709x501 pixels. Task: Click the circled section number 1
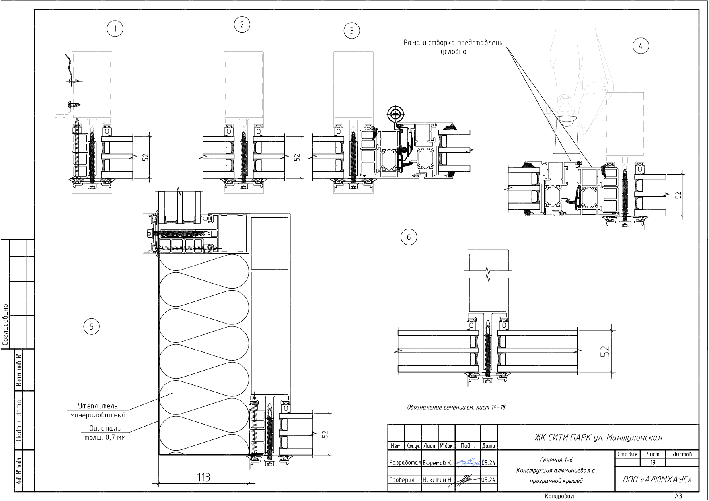click(115, 29)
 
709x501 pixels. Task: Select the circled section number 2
click(242, 25)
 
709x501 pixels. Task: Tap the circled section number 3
click(351, 31)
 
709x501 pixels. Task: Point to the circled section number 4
click(641, 46)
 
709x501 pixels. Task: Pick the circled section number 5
click(92, 326)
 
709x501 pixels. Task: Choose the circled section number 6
click(409, 237)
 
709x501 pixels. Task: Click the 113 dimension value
click(203, 477)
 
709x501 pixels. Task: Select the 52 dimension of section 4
click(678, 195)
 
